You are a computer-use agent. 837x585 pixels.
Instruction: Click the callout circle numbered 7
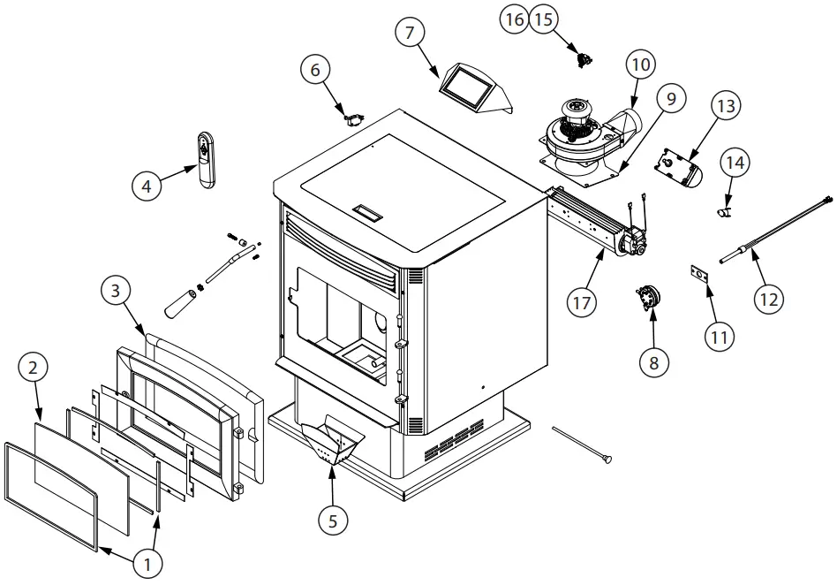click(408, 34)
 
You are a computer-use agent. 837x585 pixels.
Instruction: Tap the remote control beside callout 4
click(206, 160)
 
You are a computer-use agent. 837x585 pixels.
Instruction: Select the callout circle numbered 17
click(580, 303)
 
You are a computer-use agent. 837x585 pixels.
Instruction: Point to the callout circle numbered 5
click(333, 520)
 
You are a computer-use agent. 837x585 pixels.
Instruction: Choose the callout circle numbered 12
click(769, 299)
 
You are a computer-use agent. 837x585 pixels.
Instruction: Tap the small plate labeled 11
click(700, 276)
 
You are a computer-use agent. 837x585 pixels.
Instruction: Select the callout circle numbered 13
click(726, 106)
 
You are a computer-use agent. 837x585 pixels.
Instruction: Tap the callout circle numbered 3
click(117, 291)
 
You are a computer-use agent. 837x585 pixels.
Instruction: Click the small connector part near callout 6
click(355, 116)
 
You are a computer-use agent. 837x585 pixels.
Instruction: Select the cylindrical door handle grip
click(182, 303)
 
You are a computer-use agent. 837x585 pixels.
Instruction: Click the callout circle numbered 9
click(671, 99)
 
